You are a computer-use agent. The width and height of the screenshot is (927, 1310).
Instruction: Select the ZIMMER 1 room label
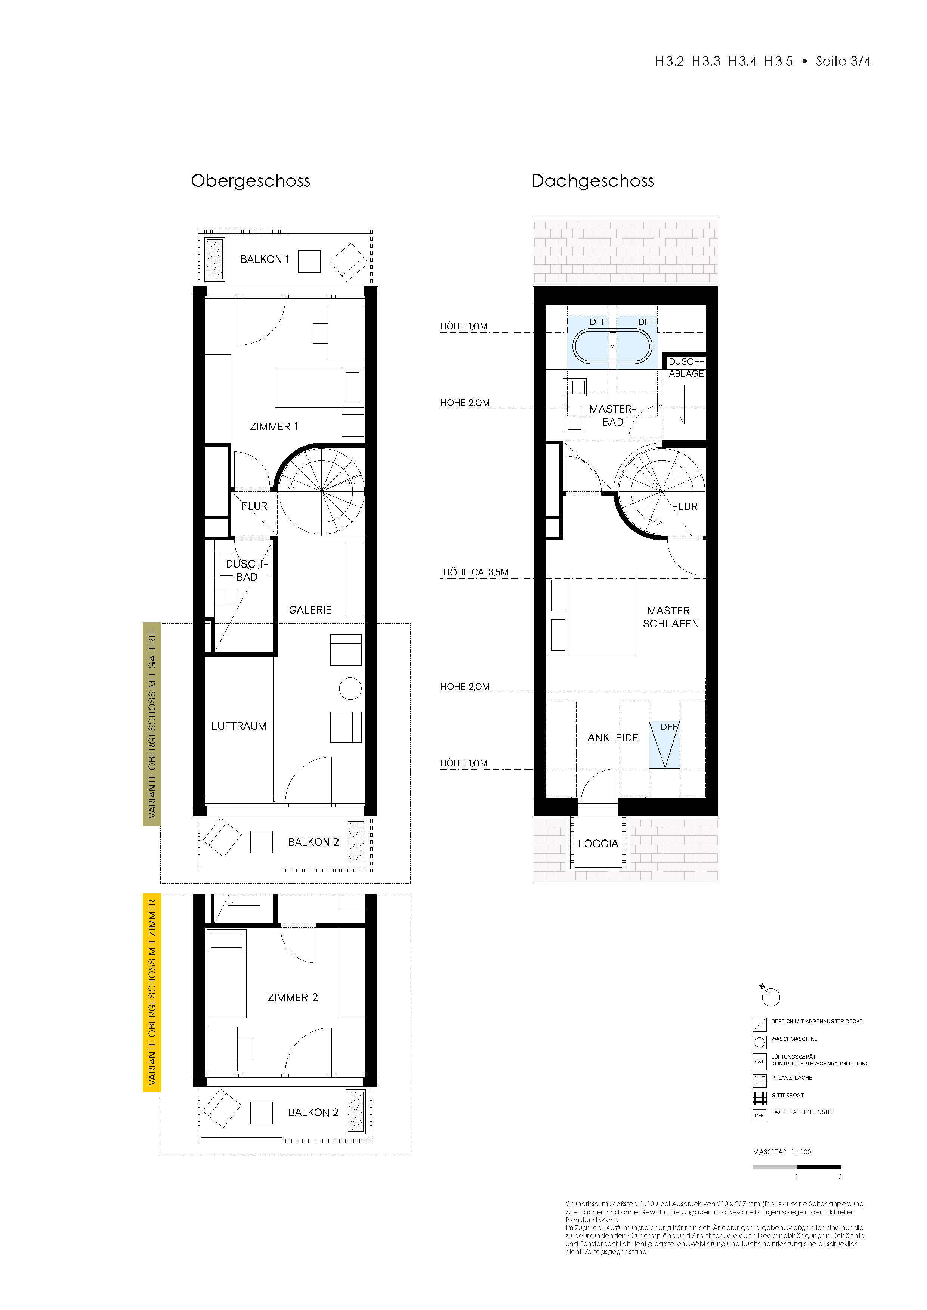pos(274,427)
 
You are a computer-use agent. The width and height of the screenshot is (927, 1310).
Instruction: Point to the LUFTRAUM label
pos(239,726)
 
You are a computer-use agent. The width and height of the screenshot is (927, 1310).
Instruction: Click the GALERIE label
pos(310,610)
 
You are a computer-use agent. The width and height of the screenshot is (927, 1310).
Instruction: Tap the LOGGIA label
pos(598,844)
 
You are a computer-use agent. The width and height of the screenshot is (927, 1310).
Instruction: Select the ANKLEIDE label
pos(612,738)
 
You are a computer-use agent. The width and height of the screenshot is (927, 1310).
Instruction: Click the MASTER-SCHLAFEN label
pos(671,617)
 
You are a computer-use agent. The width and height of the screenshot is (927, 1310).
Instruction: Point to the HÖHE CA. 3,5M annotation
pos(476,572)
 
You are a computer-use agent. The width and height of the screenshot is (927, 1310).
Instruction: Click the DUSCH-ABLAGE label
pos(686,367)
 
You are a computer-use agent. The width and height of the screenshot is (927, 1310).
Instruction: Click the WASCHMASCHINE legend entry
pos(794,1039)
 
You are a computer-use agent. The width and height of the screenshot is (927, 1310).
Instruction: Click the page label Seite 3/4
pos(843,62)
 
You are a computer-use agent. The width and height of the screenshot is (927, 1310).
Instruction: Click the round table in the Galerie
pos(350,689)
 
